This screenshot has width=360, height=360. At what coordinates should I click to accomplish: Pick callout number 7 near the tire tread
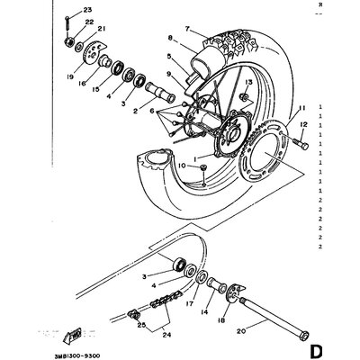click(187, 30)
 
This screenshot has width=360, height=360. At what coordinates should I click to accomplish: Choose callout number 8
click(169, 38)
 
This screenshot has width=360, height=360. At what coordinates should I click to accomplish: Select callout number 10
click(182, 167)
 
